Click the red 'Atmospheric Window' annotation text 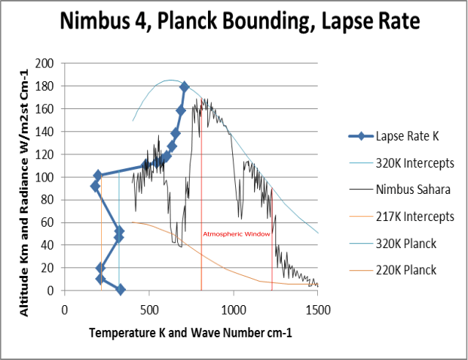coord(237,234)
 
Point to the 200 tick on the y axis coord(46,64)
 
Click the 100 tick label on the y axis coord(46,177)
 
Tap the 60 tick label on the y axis coord(49,222)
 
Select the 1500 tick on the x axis coord(317,309)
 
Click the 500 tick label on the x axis coord(149,309)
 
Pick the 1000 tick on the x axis coord(233,309)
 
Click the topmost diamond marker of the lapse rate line coord(185,87)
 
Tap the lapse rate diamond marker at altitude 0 coord(120,290)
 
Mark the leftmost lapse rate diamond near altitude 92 coord(95,186)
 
